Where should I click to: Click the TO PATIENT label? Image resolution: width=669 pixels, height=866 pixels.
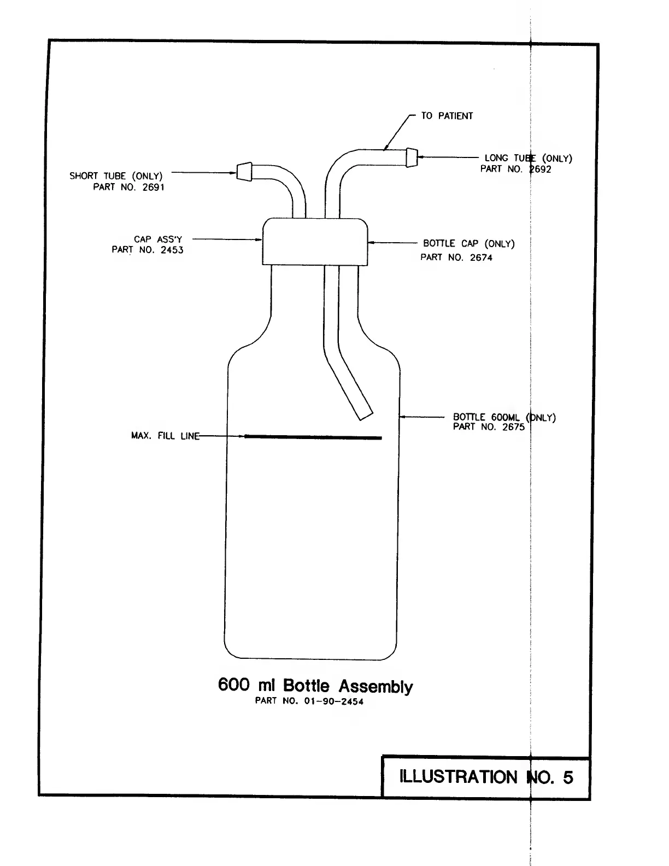pyautogui.click(x=447, y=116)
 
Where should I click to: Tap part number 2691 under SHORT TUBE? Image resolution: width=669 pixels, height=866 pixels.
pyautogui.click(x=128, y=187)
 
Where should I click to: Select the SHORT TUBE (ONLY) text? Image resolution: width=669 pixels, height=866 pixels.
pyautogui.click(x=116, y=176)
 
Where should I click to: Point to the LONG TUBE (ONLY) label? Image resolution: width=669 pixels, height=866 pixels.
pyautogui.click(x=528, y=159)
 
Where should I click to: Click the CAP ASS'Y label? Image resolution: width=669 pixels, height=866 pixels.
pyautogui.click(x=158, y=239)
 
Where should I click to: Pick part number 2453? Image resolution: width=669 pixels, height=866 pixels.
pyautogui.click(x=148, y=250)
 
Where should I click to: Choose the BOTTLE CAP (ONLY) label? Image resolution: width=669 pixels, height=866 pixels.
pyautogui.click(x=468, y=244)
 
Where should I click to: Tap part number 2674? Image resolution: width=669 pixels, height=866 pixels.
pyautogui.click(x=456, y=258)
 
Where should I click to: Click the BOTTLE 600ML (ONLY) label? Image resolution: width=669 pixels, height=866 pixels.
pyautogui.click(x=504, y=418)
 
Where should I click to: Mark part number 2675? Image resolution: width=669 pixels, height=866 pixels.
pyautogui.click(x=489, y=427)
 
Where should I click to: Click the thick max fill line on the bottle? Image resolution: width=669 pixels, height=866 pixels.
pyautogui.click(x=313, y=437)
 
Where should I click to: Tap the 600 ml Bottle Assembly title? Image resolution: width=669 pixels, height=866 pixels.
pyautogui.click(x=315, y=686)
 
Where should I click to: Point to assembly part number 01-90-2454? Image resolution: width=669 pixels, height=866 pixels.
pyautogui.click(x=309, y=701)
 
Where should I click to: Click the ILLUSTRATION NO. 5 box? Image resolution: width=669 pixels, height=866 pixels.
pyautogui.click(x=486, y=777)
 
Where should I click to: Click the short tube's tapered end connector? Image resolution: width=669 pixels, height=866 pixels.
pyautogui.click(x=244, y=171)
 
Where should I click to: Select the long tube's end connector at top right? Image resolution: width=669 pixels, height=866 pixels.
pyautogui.click(x=412, y=157)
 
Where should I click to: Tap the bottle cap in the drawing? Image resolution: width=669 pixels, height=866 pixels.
pyautogui.click(x=314, y=241)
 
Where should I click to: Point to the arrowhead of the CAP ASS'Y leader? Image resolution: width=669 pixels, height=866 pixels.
pyautogui.click(x=260, y=239)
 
